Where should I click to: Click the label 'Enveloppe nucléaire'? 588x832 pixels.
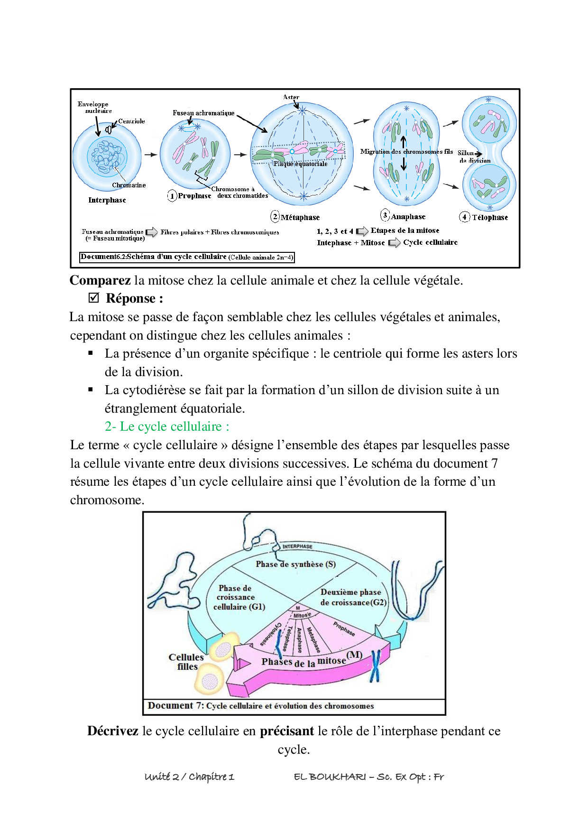pos(94,107)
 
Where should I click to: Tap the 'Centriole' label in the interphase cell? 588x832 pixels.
pos(131,121)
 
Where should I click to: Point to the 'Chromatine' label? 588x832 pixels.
pos(129,185)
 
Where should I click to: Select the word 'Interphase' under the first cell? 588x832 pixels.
pos(107,200)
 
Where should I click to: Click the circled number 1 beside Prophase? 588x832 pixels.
pos(172,195)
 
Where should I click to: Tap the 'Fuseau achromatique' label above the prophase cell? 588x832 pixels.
pos(203,113)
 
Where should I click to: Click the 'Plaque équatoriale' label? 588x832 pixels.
pos(300,164)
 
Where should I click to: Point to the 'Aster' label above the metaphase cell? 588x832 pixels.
pos(291,97)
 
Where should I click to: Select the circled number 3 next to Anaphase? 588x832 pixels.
pos(385,215)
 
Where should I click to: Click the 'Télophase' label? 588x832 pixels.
pos(490,217)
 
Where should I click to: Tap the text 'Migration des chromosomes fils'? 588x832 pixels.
pos(406,151)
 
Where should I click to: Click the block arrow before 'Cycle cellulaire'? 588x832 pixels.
pos(394,243)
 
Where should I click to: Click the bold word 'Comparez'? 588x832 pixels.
pos(100,280)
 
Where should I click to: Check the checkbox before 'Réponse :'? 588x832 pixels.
pos(94,298)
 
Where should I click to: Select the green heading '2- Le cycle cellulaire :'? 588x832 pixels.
pos(167,426)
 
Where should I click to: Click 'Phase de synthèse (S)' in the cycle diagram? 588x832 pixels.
pos(295,564)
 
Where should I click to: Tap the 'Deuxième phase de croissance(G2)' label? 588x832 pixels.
pos(353,597)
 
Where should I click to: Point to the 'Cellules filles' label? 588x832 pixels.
pos(186,662)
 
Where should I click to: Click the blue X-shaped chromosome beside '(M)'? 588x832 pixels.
pos(376,665)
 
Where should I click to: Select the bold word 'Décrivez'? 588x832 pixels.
pos(113,731)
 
